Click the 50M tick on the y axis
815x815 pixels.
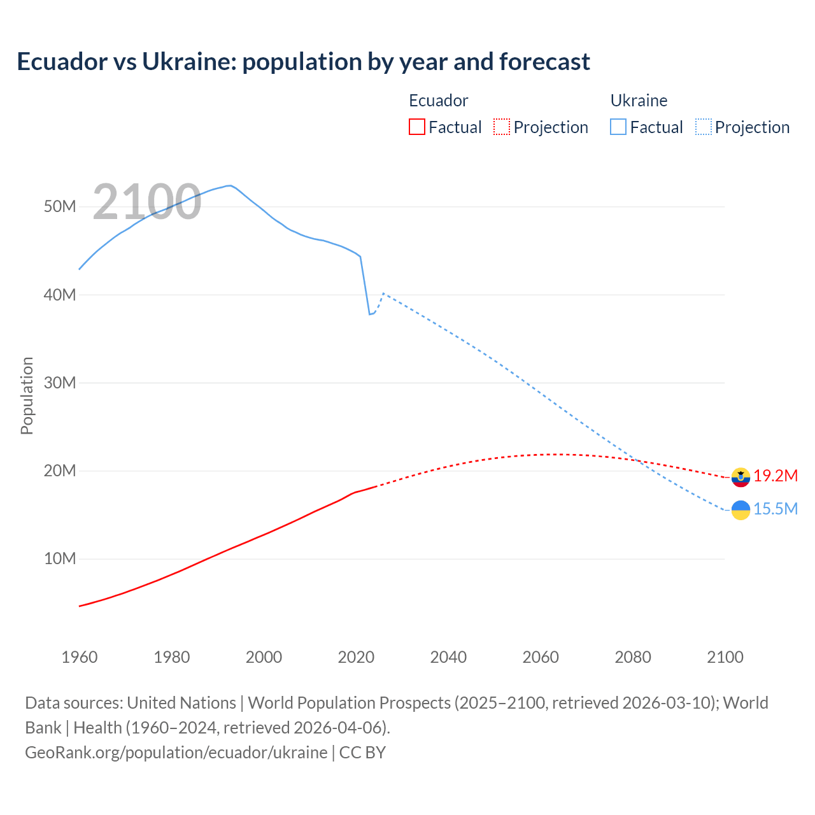point(60,207)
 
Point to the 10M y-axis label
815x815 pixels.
point(60,559)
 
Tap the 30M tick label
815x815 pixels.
point(60,383)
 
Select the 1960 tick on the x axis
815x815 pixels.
point(80,657)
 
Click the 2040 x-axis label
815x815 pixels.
point(448,657)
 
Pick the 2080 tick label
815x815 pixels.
point(633,657)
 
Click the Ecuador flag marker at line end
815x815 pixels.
point(741,477)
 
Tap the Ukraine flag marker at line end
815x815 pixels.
point(741,510)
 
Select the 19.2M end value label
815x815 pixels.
point(776,476)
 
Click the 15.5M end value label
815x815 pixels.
point(776,509)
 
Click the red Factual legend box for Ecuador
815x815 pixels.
point(416,127)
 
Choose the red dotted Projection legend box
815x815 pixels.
point(502,127)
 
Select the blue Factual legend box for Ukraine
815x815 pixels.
point(618,127)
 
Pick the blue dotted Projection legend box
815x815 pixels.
point(704,127)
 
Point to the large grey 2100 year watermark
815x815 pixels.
point(147,202)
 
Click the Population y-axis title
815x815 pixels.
point(27,395)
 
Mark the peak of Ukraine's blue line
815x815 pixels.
point(229,186)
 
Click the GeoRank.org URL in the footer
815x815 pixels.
point(176,753)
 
